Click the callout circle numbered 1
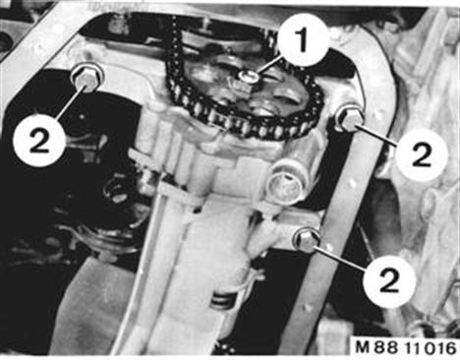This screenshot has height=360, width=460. [303, 39]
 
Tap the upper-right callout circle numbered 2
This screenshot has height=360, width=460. [422, 154]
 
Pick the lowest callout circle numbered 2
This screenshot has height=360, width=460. [389, 280]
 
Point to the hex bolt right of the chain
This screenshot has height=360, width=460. [349, 119]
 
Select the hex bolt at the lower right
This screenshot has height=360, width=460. [307, 240]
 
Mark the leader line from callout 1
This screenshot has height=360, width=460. [269, 67]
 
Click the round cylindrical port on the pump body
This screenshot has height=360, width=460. [284, 186]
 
